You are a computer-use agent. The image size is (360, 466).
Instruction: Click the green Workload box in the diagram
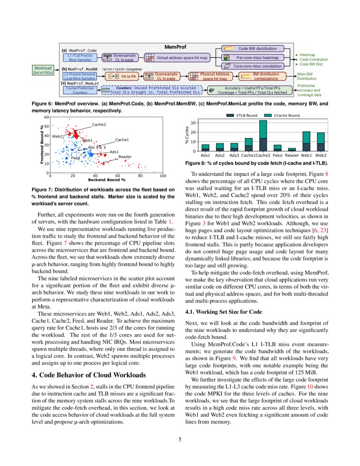[42, 70]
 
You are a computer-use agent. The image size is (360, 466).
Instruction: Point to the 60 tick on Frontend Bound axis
[47, 117]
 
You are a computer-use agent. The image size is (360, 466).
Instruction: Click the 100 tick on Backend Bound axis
[163, 175]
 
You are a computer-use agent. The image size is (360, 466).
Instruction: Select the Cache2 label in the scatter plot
[99, 125]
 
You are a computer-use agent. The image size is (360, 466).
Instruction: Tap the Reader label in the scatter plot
[125, 157]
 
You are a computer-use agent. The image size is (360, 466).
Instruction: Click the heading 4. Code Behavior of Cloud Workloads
[89, 375]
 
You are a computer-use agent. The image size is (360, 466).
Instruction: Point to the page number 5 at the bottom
[180, 439]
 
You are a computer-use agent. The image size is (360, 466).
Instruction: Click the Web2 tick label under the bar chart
[321, 156]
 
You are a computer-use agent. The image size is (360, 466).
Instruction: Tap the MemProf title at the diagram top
[175, 47]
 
